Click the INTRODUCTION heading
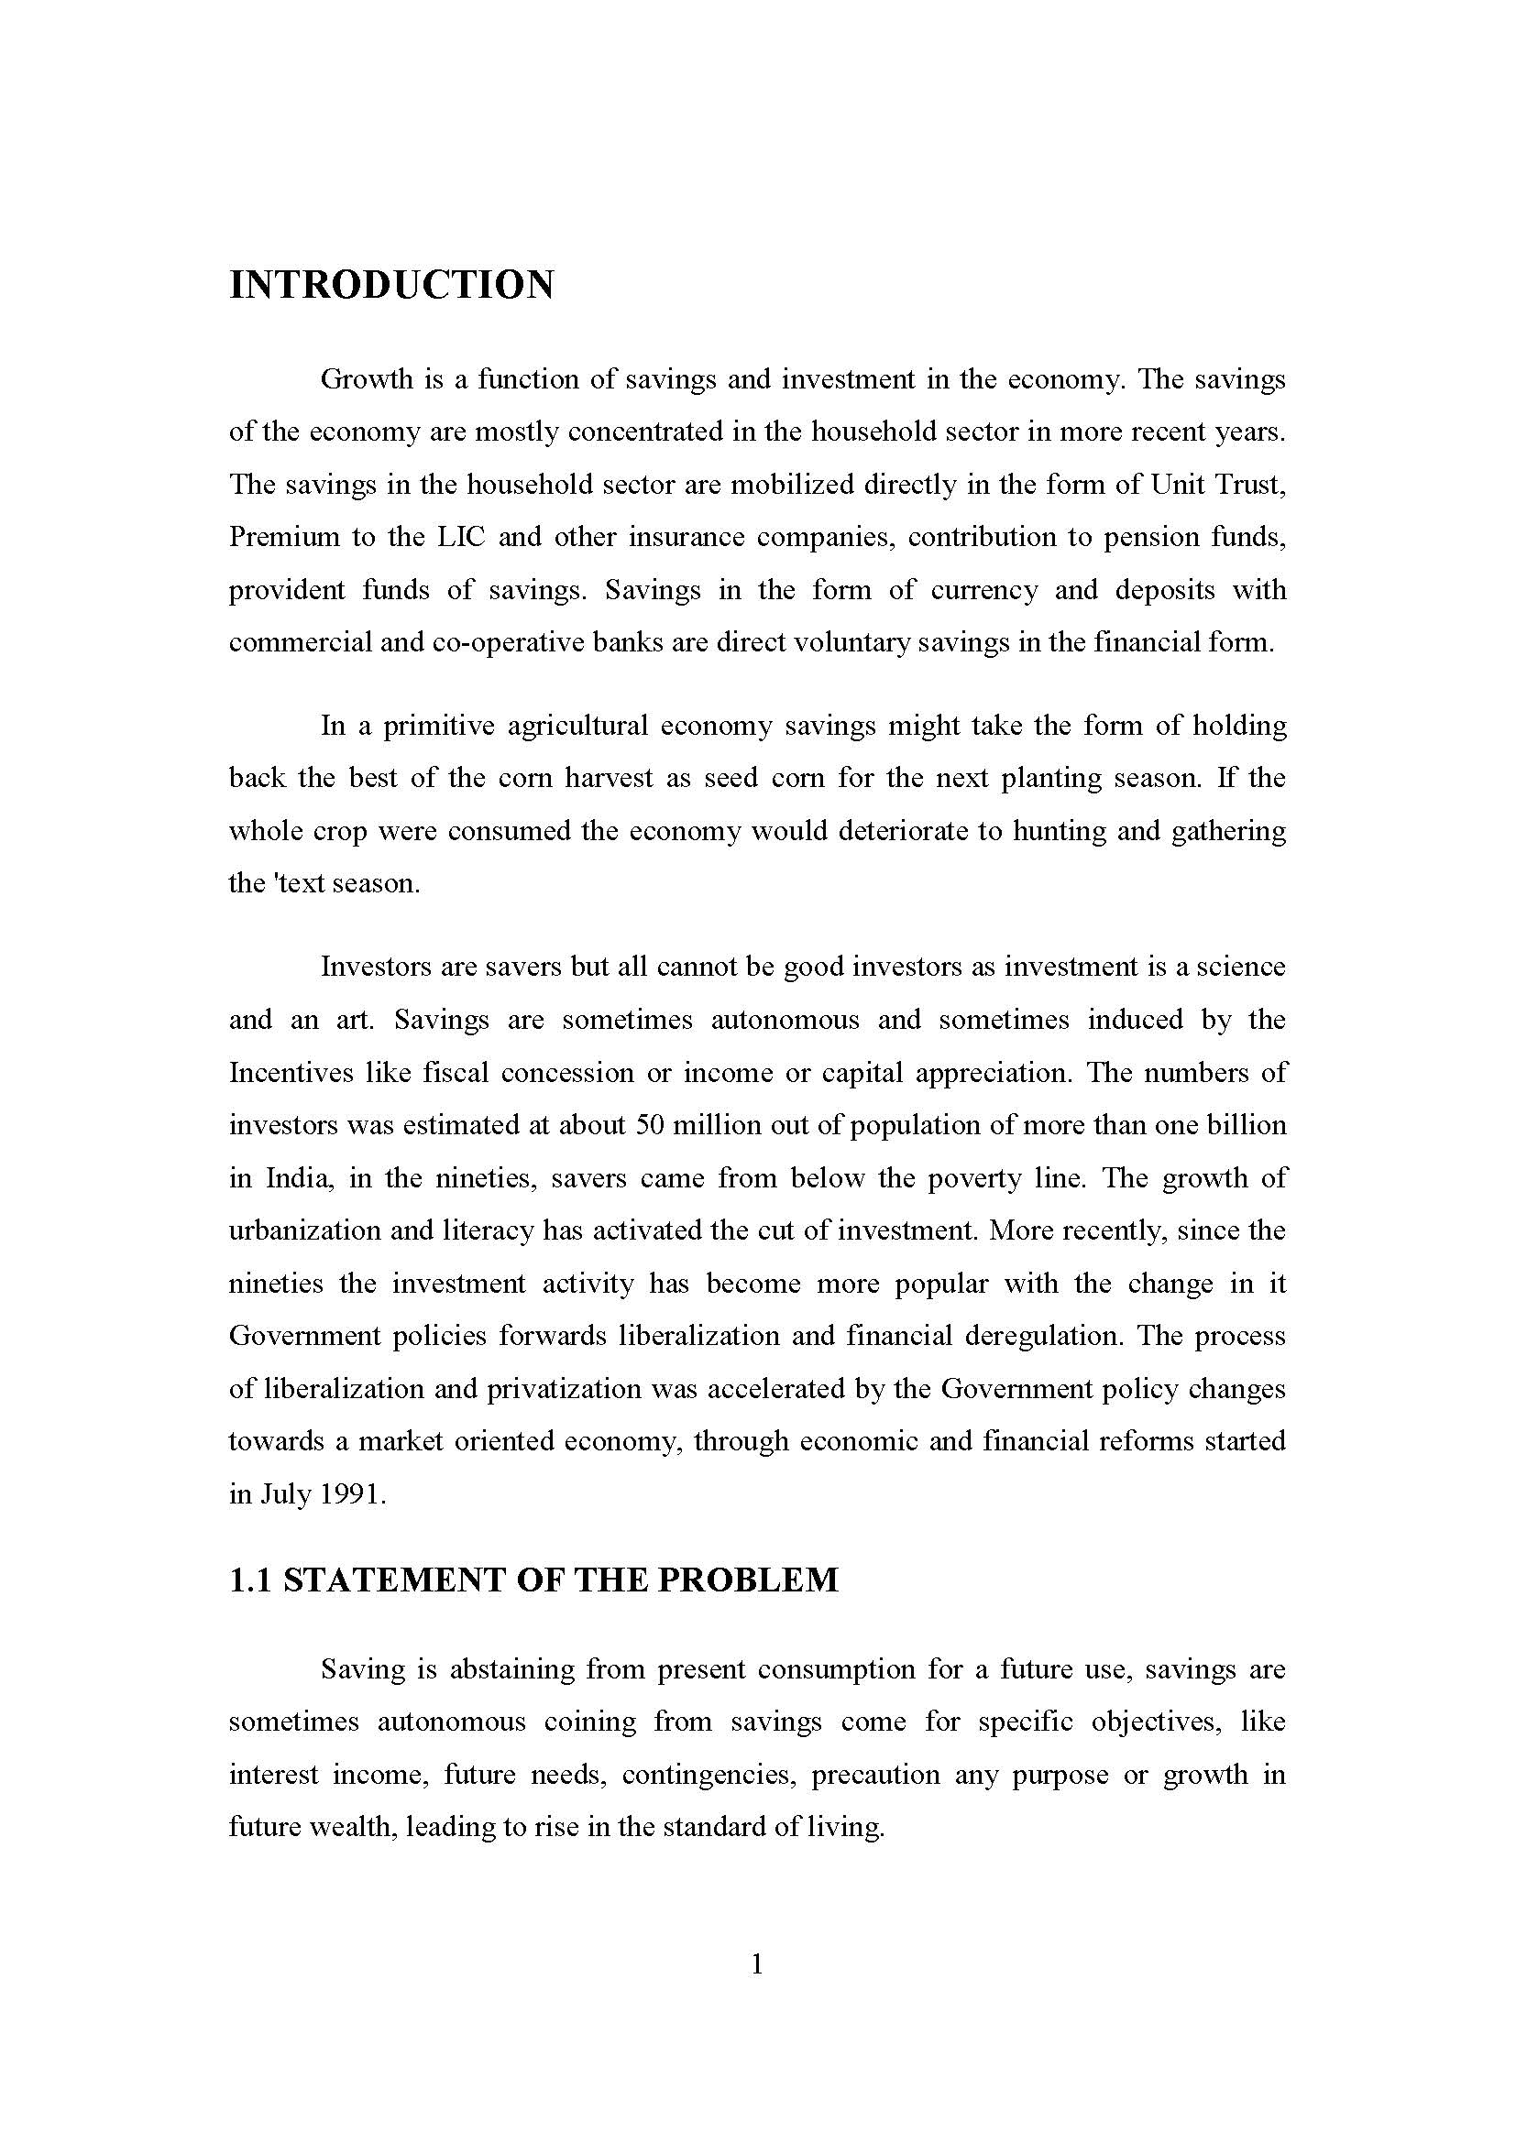(391, 285)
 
